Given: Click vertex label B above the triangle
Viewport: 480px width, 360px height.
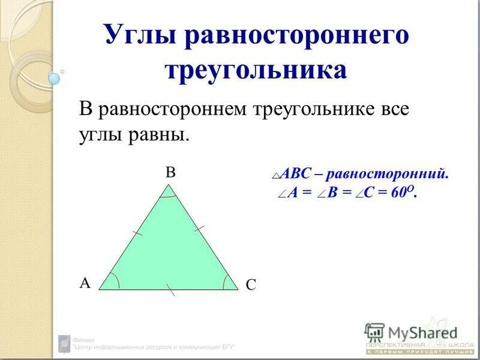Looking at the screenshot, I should [x=170, y=173].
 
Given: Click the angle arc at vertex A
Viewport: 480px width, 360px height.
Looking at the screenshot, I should [x=115, y=280].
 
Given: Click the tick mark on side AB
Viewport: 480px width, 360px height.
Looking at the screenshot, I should [x=137, y=233].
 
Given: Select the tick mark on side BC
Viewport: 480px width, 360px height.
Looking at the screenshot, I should [x=200, y=229].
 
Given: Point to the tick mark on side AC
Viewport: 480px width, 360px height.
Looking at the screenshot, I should [x=170, y=290].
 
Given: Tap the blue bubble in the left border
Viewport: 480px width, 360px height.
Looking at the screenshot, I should [x=54, y=77].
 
